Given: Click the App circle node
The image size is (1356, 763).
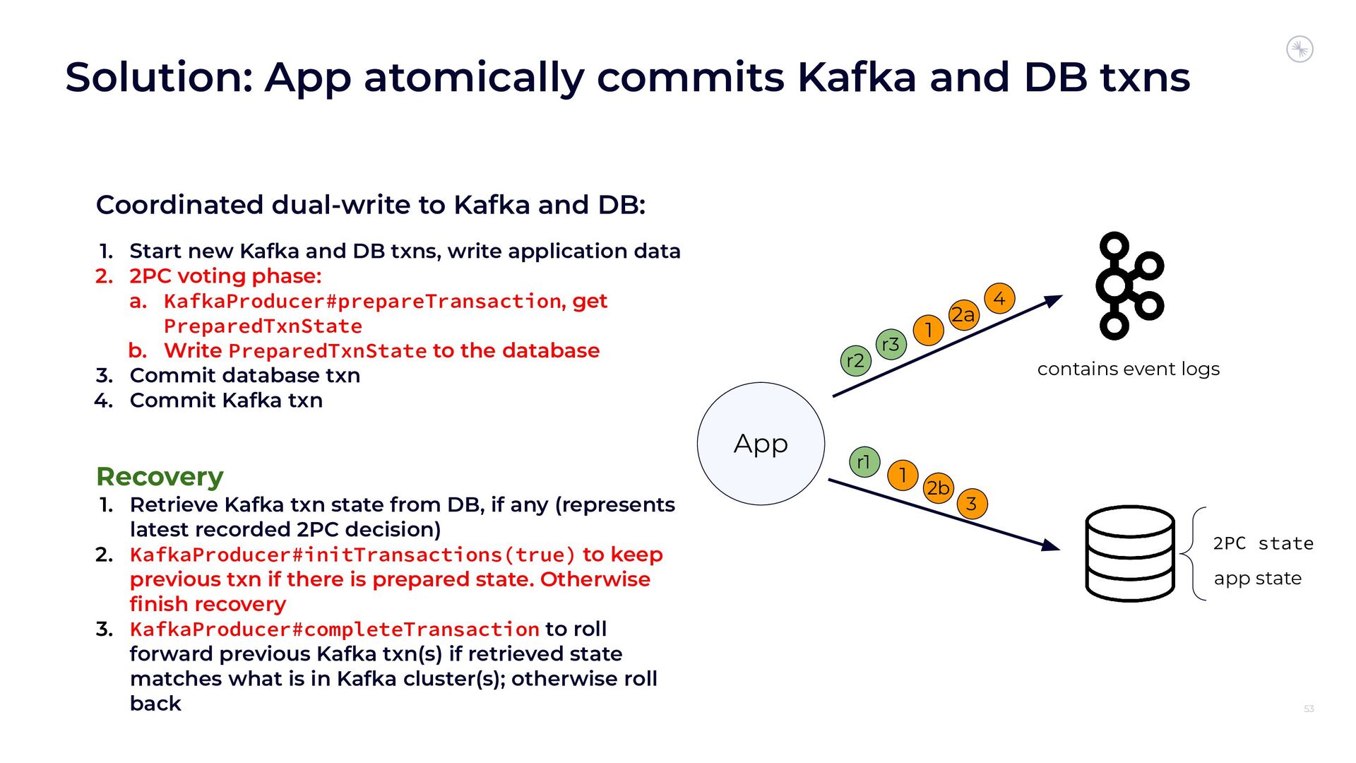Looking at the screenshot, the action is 761,444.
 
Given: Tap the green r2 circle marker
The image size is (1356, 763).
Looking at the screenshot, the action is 855,361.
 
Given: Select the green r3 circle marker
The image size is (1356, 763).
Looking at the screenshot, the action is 891,345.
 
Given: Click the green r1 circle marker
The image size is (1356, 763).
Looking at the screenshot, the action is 864,462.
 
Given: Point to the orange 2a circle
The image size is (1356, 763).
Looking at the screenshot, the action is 963,315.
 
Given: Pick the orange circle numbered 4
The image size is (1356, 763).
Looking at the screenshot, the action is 999,299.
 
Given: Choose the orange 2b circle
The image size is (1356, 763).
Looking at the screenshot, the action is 938,487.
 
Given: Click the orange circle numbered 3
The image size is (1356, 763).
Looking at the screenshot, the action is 972,504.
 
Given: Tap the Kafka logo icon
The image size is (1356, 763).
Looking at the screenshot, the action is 1129,285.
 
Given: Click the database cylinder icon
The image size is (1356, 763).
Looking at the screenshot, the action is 1129,553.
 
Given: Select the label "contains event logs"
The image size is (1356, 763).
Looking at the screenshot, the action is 1128,369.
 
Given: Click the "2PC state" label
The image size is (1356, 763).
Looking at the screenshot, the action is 1263,543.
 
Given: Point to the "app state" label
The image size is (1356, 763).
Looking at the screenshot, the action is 1257,578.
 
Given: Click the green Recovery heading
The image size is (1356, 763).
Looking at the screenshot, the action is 160,476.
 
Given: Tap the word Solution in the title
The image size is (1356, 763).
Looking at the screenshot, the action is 159,77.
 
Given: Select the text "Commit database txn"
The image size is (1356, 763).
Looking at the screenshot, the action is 244,375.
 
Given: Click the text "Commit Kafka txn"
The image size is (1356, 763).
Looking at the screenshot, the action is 226,400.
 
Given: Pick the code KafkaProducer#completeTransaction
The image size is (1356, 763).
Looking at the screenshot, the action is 334,629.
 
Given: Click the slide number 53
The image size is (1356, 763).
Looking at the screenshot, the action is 1308,709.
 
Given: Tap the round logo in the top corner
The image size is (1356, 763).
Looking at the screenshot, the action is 1299,49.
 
